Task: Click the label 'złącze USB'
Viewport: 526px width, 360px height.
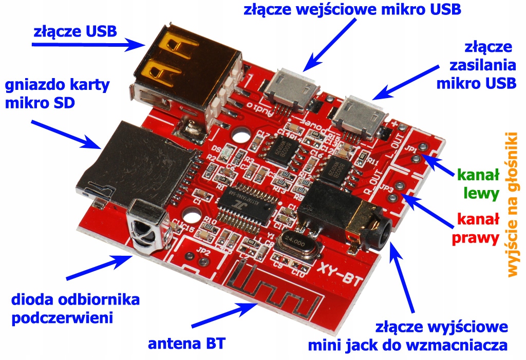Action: [74, 32]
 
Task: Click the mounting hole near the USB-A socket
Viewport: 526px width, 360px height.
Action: [239, 137]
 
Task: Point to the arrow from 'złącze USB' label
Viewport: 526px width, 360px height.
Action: [87, 45]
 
